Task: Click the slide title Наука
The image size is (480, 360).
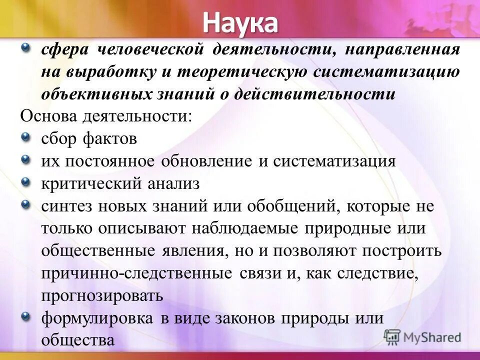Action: (x=240, y=22)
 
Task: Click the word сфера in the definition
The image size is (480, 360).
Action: (x=63, y=50)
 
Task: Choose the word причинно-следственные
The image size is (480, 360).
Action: (x=136, y=273)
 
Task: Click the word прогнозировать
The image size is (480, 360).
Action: (x=102, y=295)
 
